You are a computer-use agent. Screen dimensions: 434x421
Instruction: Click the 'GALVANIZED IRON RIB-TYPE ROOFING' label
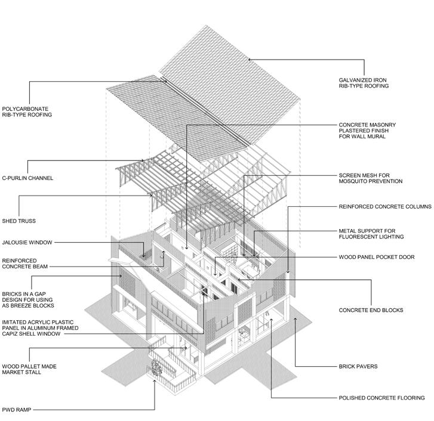point(364,83)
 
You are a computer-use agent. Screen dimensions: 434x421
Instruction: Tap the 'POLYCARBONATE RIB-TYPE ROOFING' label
point(27,112)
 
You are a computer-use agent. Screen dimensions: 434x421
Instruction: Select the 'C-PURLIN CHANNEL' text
point(27,178)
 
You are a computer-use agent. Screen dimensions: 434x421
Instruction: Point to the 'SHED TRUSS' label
point(19,221)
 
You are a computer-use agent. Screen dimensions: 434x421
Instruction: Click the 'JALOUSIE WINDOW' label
point(27,243)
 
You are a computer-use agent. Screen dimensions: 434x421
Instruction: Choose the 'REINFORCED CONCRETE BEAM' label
point(25,264)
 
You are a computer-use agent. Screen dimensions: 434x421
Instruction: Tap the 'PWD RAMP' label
point(17,410)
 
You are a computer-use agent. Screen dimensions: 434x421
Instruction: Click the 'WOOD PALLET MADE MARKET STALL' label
point(29,369)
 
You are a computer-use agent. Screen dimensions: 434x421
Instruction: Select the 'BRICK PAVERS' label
point(358,366)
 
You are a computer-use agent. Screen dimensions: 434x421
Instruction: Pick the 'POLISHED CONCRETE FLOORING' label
point(381,398)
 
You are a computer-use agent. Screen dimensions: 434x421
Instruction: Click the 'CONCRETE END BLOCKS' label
point(371,310)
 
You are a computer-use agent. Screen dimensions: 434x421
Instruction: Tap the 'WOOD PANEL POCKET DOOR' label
point(377,257)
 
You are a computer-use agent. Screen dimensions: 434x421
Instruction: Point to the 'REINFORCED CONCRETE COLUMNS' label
point(385,206)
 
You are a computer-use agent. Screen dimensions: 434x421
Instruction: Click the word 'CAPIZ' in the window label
point(10,334)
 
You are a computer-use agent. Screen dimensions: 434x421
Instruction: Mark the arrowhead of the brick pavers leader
point(296,319)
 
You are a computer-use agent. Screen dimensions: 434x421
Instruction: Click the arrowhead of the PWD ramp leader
point(155,382)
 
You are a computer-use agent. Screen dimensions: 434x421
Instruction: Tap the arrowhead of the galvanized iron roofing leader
point(250,60)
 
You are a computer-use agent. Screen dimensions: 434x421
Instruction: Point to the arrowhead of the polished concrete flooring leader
point(271,320)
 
